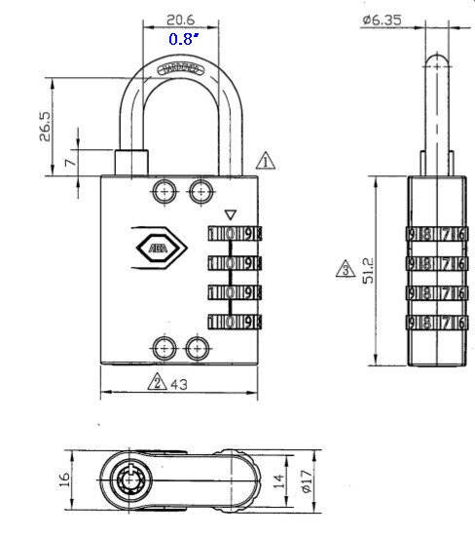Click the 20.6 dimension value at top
[180, 19]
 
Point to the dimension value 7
[70, 161]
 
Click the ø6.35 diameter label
[381, 19]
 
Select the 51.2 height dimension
[366, 270]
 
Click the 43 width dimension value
[179, 383]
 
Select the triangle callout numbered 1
[266, 160]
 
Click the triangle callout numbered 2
[156, 382]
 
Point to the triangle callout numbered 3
[344, 270]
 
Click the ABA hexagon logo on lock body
[156, 249]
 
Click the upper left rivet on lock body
[163, 188]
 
